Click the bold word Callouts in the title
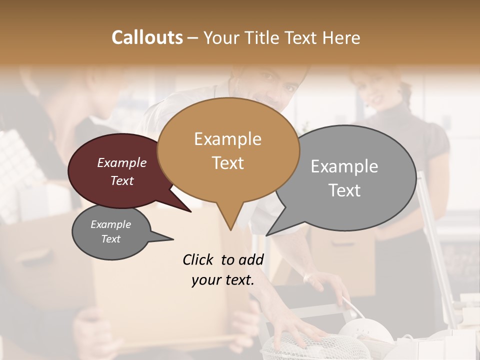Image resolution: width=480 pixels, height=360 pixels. pyautogui.click(x=147, y=37)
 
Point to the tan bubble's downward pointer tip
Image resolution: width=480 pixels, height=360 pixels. pyautogui.click(x=230, y=229)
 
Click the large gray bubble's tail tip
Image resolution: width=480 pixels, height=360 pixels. pyautogui.click(x=266, y=235)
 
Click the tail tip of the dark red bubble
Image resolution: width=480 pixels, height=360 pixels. pyautogui.click(x=190, y=211)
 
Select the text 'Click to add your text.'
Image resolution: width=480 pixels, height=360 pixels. pyautogui.click(x=223, y=270)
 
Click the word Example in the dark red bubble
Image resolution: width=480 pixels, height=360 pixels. pyautogui.click(x=121, y=163)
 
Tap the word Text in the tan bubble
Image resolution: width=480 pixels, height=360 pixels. pyautogui.click(x=227, y=163)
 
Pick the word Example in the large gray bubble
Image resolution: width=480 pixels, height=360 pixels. pyautogui.click(x=344, y=166)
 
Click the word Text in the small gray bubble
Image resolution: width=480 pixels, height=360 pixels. pyautogui.click(x=110, y=239)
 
